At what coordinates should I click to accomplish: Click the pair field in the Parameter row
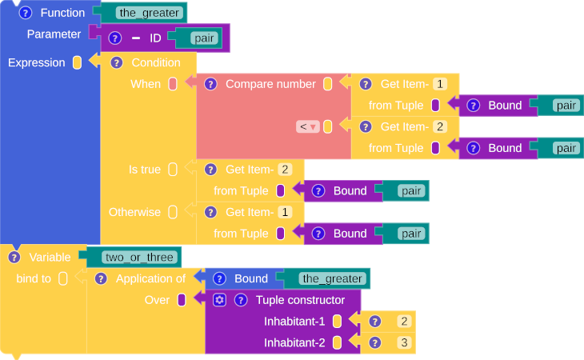click(x=203, y=38)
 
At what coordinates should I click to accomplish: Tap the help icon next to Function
click(x=25, y=13)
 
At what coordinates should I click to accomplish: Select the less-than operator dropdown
click(x=308, y=126)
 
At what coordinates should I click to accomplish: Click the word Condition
click(x=156, y=62)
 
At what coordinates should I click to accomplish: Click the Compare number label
click(x=270, y=84)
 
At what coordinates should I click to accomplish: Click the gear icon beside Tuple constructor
click(x=219, y=300)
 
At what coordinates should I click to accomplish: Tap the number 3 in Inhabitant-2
click(x=404, y=343)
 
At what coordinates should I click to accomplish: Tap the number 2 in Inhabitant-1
click(x=404, y=322)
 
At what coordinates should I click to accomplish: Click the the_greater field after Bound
click(x=332, y=278)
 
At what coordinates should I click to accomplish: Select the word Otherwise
click(x=134, y=212)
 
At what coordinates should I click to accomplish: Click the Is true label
click(x=145, y=170)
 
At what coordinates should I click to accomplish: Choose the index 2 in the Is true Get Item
click(x=286, y=170)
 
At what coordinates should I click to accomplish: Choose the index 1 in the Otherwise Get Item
click(x=286, y=212)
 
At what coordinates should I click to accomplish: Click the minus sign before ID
click(x=135, y=38)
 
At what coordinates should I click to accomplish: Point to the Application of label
click(x=150, y=278)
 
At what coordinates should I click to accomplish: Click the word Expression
click(x=36, y=62)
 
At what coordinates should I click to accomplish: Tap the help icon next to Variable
click(x=14, y=257)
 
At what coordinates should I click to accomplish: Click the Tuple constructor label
click(x=300, y=300)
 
